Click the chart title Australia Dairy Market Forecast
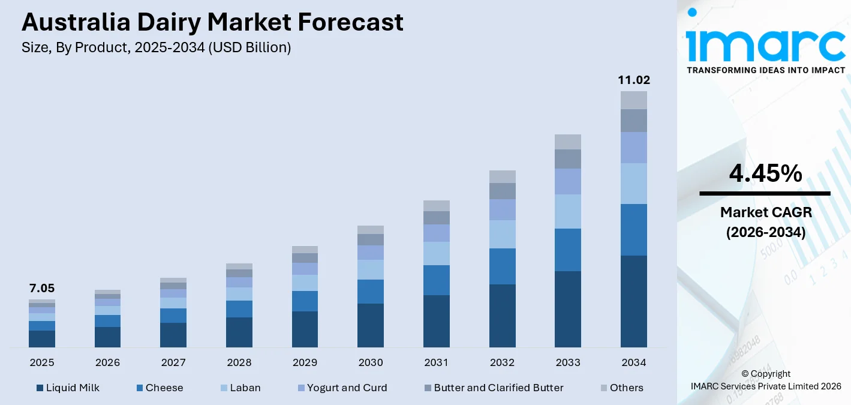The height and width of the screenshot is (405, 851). click(x=212, y=23)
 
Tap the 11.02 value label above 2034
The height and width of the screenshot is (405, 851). click(x=634, y=80)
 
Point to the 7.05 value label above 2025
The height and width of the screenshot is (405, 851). click(x=42, y=289)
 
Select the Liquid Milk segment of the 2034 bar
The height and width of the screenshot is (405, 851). click(x=634, y=301)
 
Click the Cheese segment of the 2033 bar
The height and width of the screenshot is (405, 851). click(x=568, y=250)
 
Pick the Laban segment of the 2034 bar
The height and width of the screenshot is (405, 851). click(x=634, y=184)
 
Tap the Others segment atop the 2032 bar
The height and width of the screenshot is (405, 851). click(x=503, y=176)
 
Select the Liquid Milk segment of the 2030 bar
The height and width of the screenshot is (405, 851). click(x=371, y=325)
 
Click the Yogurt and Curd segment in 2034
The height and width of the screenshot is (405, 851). click(x=634, y=148)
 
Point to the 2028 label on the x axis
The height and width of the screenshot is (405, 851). click(x=239, y=362)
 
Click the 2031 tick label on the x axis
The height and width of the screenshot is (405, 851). click(x=437, y=362)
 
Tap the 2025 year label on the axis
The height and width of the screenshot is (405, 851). click(x=42, y=362)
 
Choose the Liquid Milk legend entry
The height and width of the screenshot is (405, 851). click(x=68, y=388)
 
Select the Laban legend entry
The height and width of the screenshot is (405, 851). click(x=239, y=388)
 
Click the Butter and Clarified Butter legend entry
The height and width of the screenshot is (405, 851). click(x=493, y=388)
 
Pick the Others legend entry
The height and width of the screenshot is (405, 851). click(x=621, y=388)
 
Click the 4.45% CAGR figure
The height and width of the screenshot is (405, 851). click(x=765, y=174)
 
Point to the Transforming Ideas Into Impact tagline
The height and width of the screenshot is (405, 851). click(x=765, y=70)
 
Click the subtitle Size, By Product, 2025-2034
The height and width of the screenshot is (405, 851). click(x=156, y=48)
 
